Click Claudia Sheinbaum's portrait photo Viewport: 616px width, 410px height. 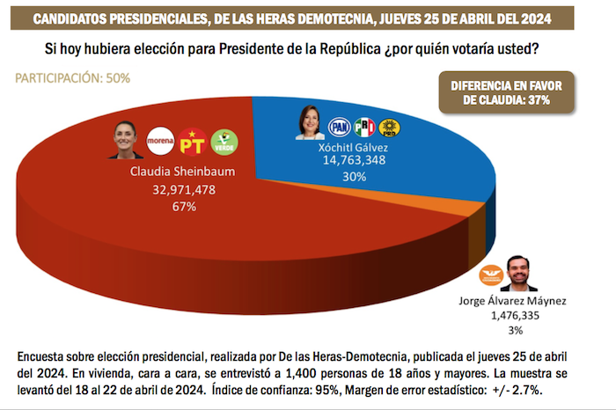point(125,141)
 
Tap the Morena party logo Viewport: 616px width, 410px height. point(160,141)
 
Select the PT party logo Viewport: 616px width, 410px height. point(191,141)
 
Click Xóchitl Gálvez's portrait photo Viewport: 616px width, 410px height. point(311,125)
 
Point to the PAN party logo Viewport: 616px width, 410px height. point(339,128)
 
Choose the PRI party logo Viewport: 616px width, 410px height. point(364,128)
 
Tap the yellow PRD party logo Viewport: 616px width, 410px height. point(390,128)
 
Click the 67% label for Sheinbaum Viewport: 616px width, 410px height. point(184,207)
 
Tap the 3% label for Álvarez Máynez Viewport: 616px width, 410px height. point(516,330)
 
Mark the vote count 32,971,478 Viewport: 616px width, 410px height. point(184,190)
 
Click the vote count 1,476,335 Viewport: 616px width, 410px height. point(516,315)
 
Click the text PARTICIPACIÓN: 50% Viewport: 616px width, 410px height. point(73,78)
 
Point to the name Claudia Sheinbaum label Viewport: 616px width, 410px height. point(184,172)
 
